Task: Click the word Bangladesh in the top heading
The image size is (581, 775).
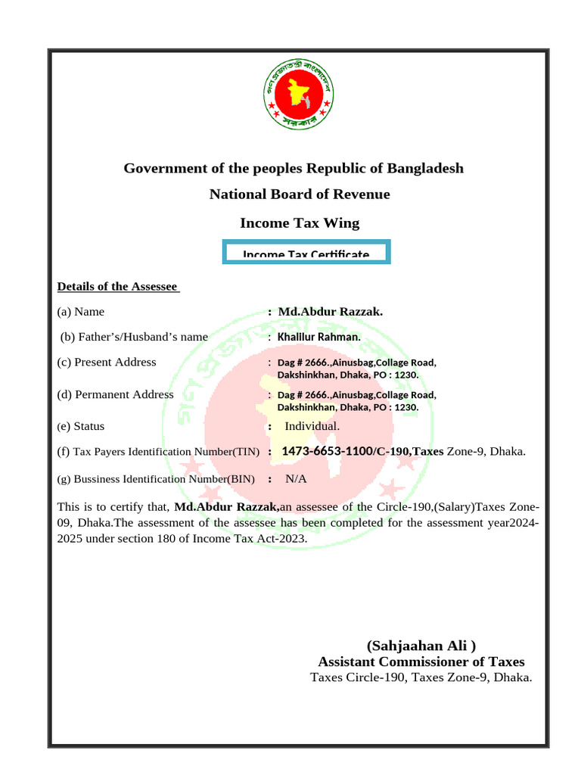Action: (424, 167)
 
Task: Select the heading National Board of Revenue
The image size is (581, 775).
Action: (300, 195)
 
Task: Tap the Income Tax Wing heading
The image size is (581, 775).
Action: (300, 223)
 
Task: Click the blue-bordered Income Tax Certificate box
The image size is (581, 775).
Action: (306, 253)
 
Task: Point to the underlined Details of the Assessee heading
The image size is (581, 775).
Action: (117, 287)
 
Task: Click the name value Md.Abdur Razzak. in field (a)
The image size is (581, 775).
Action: (331, 312)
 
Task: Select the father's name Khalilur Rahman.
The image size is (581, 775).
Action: (319, 337)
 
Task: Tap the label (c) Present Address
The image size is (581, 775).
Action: (107, 362)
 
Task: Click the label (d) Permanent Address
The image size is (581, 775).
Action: (115, 394)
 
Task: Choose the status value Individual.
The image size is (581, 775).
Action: (312, 426)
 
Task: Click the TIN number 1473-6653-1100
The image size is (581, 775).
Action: (326, 452)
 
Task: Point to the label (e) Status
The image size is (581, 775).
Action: (81, 426)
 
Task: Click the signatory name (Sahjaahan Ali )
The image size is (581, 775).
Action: (421, 646)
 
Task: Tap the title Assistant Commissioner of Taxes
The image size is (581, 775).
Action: (421, 661)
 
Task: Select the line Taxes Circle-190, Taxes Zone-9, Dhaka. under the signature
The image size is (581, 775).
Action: (421, 677)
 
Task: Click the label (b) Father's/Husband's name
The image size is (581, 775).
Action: (134, 337)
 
